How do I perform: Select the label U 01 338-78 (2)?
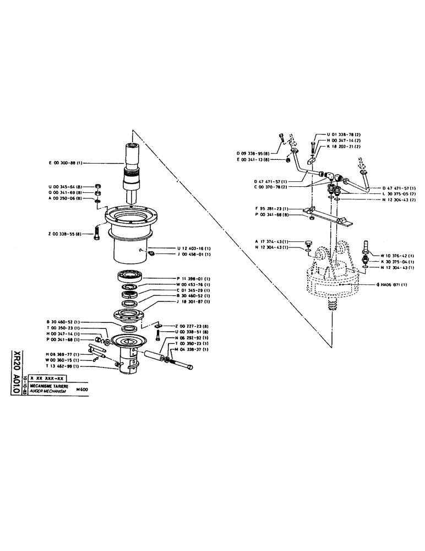[344, 134]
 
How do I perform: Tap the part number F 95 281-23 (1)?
[274, 208]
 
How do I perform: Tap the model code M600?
[81, 389]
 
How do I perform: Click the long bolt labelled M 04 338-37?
[179, 364]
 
